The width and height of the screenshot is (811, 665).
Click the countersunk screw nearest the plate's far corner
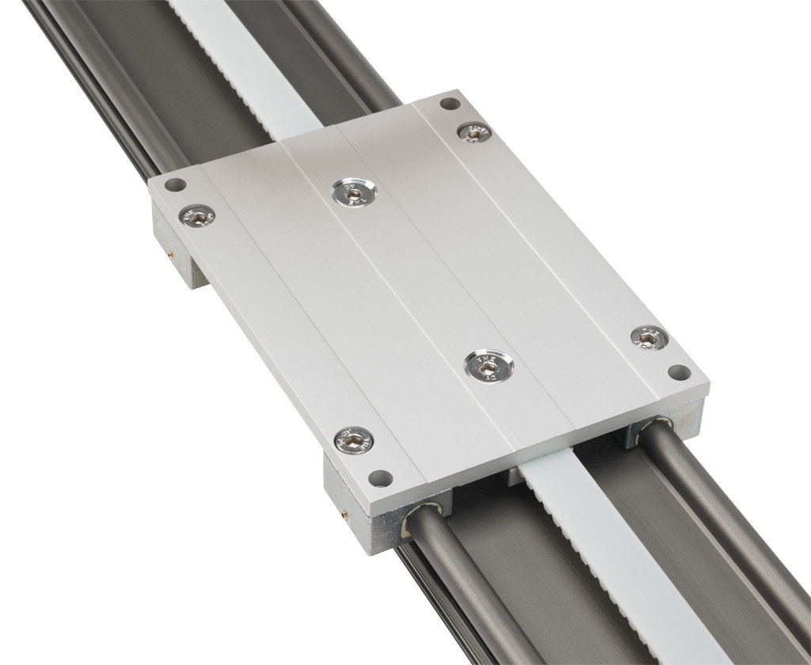474,133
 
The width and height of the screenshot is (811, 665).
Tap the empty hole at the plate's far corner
449,104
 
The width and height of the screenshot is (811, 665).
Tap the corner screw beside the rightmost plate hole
649,338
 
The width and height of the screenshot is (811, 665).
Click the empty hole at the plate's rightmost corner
679,371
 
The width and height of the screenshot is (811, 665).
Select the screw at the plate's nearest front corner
353,439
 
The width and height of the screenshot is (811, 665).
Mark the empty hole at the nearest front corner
381,477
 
